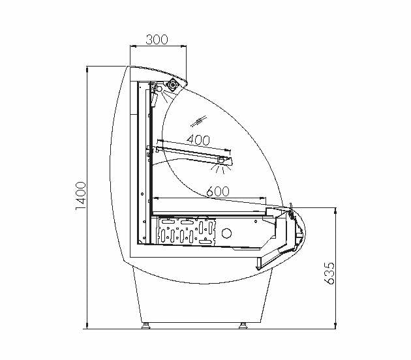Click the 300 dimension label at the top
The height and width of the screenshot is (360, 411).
[x=157, y=40]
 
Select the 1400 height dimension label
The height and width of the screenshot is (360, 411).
[x=81, y=196]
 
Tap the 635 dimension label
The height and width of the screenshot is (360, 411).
[x=329, y=273]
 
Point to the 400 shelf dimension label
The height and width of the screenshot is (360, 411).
[x=198, y=140]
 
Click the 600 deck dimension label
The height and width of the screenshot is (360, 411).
[x=218, y=191]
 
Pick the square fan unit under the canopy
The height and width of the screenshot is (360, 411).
[x=173, y=85]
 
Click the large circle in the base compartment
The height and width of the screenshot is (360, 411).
[x=226, y=233]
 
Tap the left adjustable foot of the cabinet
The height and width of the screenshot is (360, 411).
[x=145, y=325]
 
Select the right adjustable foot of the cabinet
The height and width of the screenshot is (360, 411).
[x=243, y=325]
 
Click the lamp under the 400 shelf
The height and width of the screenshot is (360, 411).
[x=222, y=160]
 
